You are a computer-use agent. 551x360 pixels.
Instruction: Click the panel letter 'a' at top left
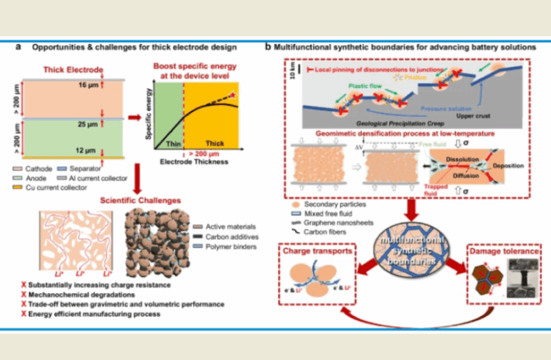(18, 47)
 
